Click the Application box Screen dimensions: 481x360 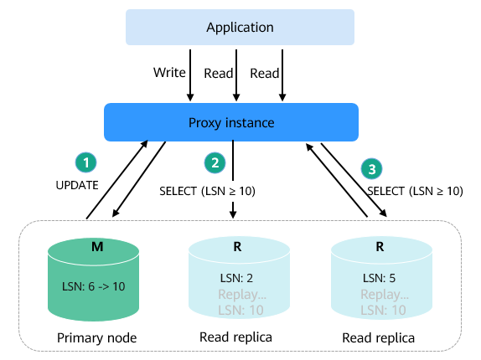[x=240, y=28]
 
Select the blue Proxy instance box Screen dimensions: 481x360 [x=231, y=122]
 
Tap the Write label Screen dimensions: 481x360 [x=169, y=73]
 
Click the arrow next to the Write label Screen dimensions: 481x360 [x=190, y=75]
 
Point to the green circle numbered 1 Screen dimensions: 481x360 [x=85, y=162]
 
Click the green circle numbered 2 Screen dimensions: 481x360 [x=215, y=162]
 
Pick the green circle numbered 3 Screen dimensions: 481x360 [x=371, y=169]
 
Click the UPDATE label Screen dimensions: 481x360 [x=77, y=185]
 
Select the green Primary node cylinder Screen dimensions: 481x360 [x=94, y=280]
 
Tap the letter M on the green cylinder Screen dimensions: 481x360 [x=97, y=247]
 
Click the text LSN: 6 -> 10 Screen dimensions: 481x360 [x=94, y=287]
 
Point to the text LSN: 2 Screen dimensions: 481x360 [x=236, y=278]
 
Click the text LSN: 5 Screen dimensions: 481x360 [x=379, y=278]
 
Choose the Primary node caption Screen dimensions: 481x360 [x=96, y=338]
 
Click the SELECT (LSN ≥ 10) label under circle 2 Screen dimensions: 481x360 [x=207, y=191]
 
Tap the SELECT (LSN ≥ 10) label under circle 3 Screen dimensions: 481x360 [x=415, y=191]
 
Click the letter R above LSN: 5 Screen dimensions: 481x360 [x=380, y=247]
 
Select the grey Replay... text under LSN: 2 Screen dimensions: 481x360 [x=242, y=295]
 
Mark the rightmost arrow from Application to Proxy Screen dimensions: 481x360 [x=282, y=75]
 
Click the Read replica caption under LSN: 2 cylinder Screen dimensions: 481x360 [x=235, y=337]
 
